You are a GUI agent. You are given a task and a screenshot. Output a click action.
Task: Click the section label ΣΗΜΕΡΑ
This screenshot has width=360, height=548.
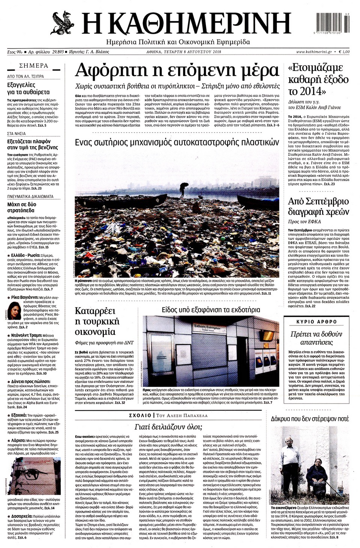(x=33, y=66)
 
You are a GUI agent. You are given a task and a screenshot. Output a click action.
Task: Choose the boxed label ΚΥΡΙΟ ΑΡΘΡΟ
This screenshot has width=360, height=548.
(x=316, y=322)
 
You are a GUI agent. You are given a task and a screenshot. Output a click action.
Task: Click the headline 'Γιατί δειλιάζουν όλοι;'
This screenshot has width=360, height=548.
(x=168, y=427)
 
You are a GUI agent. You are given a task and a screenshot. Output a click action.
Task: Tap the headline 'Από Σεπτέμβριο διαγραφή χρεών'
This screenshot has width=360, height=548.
(x=318, y=206)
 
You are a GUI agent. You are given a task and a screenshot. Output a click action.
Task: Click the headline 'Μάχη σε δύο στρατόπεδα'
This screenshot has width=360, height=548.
(x=22, y=207)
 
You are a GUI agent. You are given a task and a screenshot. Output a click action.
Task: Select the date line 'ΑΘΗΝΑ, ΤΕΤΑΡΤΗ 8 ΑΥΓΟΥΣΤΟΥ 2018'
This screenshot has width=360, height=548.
(x=184, y=52)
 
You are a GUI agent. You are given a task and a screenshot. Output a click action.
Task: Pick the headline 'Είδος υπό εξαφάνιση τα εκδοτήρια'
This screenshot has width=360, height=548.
(x=211, y=310)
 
